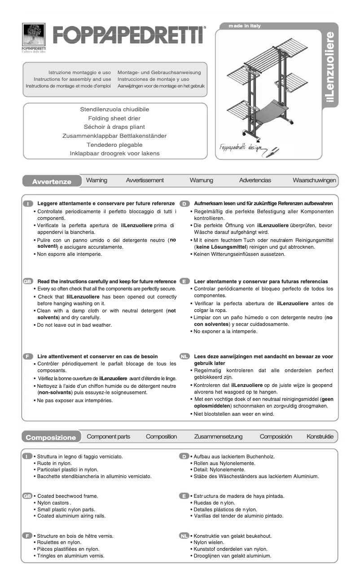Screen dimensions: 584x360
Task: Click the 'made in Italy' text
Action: point(244,26)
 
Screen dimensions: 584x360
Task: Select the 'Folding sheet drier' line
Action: point(114,119)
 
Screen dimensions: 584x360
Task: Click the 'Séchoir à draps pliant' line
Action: point(114,127)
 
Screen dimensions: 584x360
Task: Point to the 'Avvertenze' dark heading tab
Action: point(52,182)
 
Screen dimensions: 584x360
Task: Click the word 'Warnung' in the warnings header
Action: point(201,180)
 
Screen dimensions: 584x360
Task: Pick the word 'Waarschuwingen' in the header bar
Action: point(314,180)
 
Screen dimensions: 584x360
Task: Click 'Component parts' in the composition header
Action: point(108,436)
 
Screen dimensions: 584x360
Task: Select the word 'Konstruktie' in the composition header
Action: point(320,436)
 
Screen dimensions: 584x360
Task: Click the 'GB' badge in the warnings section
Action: point(27,281)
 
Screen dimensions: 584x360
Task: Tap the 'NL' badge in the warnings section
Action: point(184,356)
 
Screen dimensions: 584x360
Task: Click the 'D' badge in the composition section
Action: point(184,457)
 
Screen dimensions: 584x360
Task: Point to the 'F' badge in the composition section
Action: point(27,536)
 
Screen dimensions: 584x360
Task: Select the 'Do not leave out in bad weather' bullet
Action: point(74,325)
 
